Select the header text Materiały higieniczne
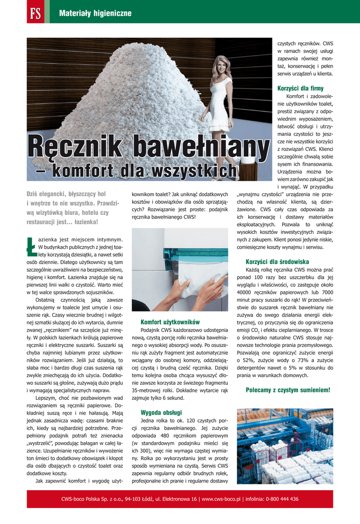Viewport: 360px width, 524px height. click(x=95, y=13)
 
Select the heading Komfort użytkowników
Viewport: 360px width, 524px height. click(x=170, y=322)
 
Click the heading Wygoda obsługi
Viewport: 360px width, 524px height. click(x=161, y=412)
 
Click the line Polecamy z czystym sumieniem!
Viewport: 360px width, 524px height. click(x=288, y=389)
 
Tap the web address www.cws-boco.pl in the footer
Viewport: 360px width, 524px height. click(x=221, y=499)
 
